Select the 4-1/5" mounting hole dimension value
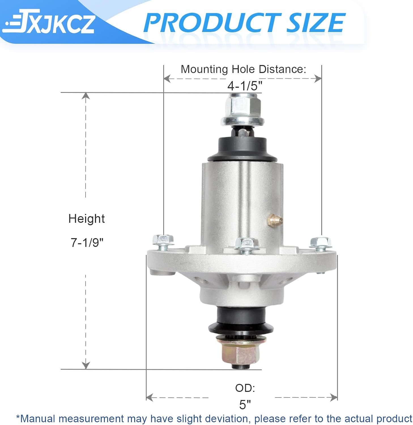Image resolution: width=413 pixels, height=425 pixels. point(245,86)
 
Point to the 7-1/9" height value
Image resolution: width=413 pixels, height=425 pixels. point(87,243)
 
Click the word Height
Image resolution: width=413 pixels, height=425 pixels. point(86,219)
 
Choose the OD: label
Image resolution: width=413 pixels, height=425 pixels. point(245,388)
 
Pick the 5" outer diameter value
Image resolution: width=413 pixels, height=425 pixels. point(245,405)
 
